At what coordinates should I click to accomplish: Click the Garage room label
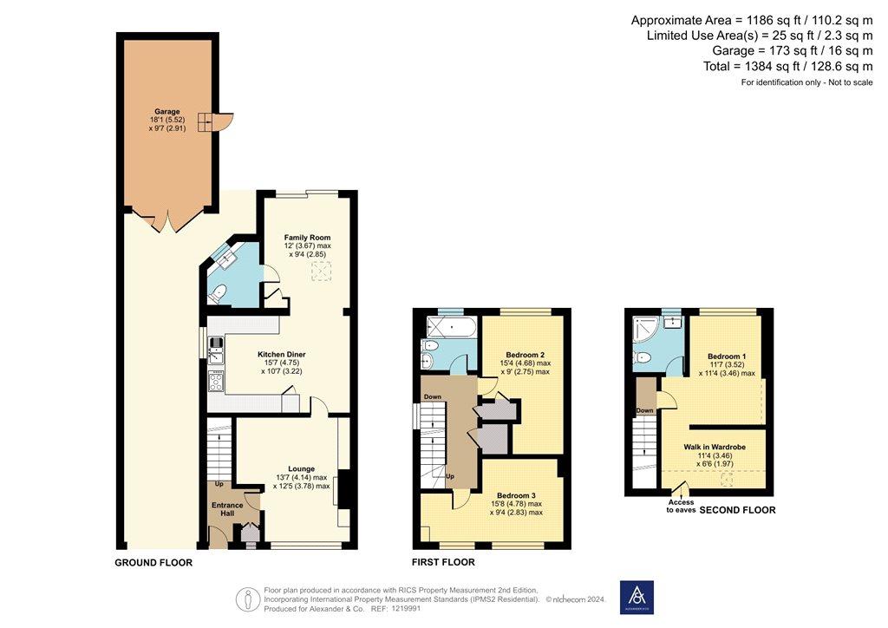coord(167,112)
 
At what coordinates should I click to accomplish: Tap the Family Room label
coord(308,238)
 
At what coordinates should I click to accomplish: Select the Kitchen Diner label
coord(282,355)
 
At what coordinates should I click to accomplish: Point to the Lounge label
coord(301,469)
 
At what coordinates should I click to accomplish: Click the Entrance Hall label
coord(227,509)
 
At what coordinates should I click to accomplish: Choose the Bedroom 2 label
coord(526,355)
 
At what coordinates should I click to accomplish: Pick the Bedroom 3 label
coord(517,495)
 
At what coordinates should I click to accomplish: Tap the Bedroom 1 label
coord(728,357)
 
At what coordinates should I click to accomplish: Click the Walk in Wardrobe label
coord(715,447)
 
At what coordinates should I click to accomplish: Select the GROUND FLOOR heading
coord(153,562)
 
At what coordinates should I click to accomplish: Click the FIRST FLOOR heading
coord(443,562)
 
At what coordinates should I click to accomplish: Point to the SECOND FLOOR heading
coord(737,510)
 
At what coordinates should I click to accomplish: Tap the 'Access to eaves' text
coord(681,507)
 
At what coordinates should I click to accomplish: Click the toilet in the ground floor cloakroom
coord(218,293)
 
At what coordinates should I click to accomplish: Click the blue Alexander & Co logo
coord(637,598)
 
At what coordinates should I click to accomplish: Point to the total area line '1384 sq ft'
coord(787,66)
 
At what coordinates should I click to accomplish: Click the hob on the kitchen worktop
coord(216,380)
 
